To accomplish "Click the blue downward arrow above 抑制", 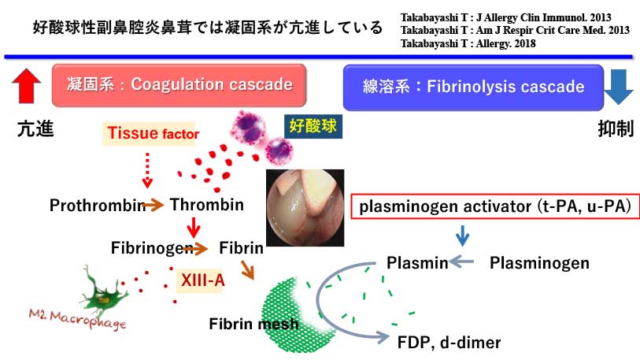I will [619, 86].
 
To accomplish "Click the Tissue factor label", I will [150, 134].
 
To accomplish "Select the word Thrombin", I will [207, 206].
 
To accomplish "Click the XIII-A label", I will [198, 279].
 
